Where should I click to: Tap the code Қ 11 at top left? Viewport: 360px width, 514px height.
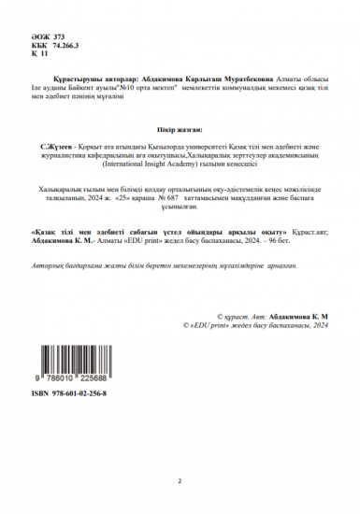[39, 54]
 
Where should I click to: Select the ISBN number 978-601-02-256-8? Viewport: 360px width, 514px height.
[80, 395]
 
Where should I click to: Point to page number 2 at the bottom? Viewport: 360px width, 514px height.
[180, 480]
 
